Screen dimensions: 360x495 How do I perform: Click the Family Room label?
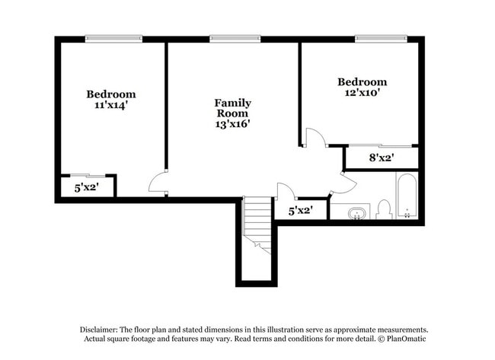coord(232,108)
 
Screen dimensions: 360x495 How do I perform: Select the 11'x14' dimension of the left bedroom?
coord(110,106)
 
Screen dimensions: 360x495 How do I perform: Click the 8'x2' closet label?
coord(381,158)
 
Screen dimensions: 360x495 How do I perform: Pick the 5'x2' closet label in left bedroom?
coord(87,187)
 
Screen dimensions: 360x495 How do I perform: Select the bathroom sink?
coord(356,212)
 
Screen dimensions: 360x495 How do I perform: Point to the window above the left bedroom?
coord(113,38)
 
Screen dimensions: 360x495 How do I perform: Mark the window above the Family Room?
coord(235,38)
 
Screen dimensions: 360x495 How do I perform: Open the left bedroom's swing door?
coord(158,182)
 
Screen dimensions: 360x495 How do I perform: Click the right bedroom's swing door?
coord(315,137)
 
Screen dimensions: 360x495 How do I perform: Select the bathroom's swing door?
coord(343,183)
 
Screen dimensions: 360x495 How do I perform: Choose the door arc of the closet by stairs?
coord(286,191)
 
